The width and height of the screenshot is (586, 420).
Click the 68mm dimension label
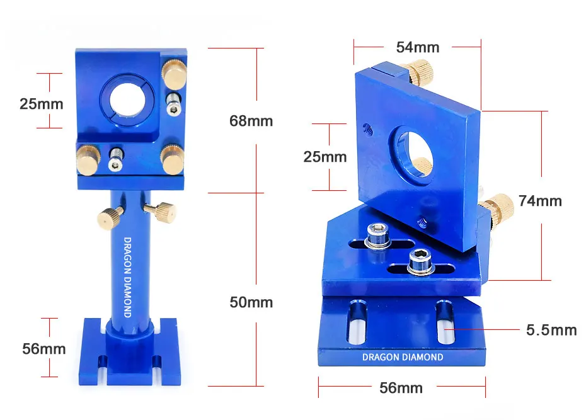pyautogui.click(x=251, y=121)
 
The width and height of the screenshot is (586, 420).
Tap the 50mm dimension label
pyautogui.click(x=251, y=302)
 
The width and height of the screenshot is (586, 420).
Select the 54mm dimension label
pyautogui.click(x=418, y=47)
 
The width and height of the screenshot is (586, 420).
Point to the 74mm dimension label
pyautogui.click(x=540, y=201)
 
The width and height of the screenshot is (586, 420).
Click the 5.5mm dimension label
pyautogui.click(x=551, y=330)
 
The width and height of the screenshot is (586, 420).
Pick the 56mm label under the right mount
pyautogui.click(x=401, y=388)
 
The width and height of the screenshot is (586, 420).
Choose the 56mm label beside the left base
pyautogui.click(x=43, y=349)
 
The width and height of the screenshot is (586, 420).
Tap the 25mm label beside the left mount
pyautogui.click(x=41, y=104)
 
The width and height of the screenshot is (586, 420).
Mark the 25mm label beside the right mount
pyautogui.click(x=325, y=157)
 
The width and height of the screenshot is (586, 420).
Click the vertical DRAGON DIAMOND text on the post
pyautogui.click(x=127, y=277)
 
